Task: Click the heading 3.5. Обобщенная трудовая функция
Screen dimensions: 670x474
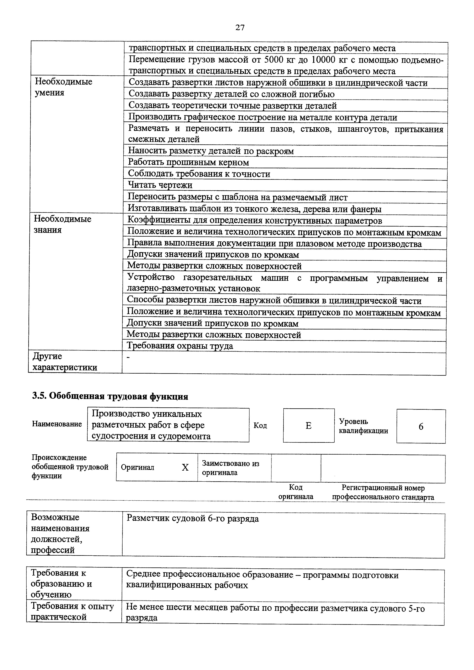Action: tap(110, 396)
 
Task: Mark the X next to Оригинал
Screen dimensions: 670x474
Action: tap(185, 468)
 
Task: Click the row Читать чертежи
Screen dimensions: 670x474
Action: tap(160, 185)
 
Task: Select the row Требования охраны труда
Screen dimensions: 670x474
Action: tap(180, 346)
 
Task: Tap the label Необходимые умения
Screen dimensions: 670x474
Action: tap(63, 87)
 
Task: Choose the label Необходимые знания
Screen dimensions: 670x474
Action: tap(63, 224)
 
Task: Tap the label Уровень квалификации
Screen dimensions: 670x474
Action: tap(363, 426)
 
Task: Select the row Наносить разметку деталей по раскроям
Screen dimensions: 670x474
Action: tap(211, 151)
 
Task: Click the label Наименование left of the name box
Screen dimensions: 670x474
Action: tap(57, 424)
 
